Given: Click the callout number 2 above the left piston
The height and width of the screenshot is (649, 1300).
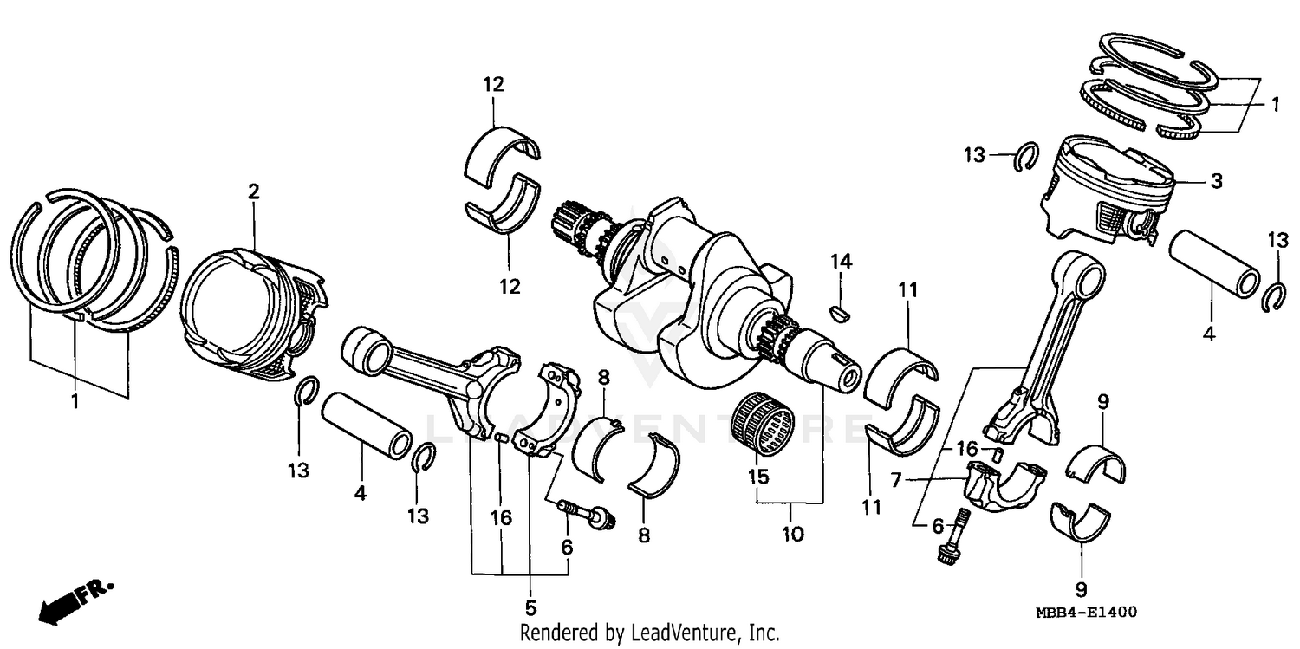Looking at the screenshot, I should pyautogui.click(x=253, y=191).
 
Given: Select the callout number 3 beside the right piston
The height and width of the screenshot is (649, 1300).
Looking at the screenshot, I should pyautogui.click(x=1217, y=181).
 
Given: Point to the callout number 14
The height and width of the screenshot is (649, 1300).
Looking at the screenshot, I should pyautogui.click(x=842, y=261).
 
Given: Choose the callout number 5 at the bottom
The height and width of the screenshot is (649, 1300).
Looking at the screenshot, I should pyautogui.click(x=530, y=607).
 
